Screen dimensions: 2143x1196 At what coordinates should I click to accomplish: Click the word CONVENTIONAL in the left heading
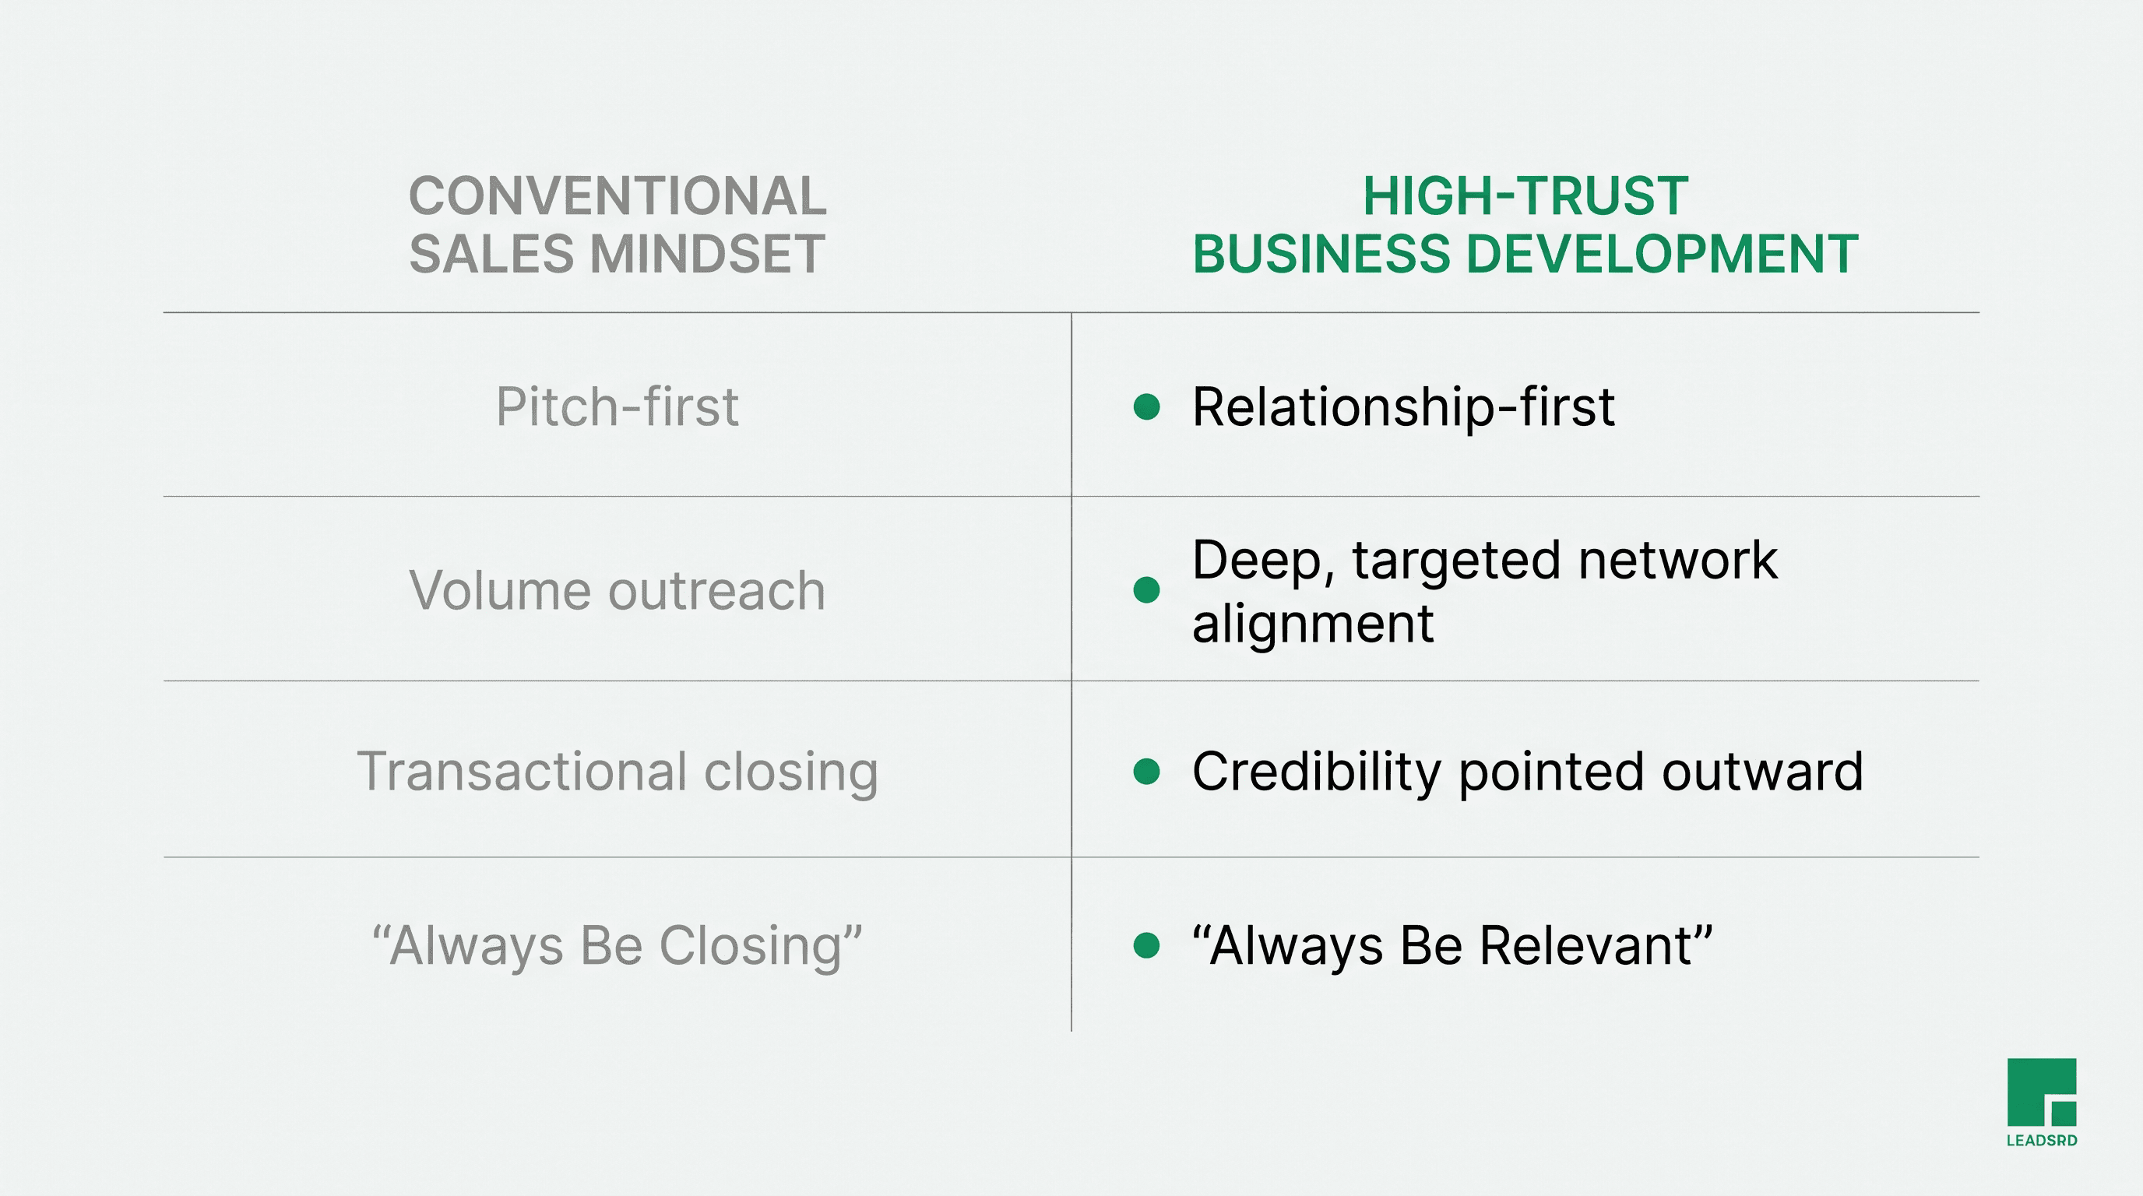pos(618,196)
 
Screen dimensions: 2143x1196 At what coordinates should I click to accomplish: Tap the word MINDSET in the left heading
pos(707,254)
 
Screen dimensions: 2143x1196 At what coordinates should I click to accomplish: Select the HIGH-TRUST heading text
pos(1525,196)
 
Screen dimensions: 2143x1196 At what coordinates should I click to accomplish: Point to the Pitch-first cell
pos(618,406)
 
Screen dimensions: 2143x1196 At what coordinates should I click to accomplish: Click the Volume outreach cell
pos(618,590)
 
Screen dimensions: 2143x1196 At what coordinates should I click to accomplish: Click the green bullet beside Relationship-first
pos(1146,406)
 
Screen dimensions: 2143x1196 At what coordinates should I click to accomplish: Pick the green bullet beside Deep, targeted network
pos(1146,589)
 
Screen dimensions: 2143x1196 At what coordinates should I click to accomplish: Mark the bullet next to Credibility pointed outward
pos(1146,771)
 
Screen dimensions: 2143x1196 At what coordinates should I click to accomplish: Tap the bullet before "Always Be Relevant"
pos(1146,944)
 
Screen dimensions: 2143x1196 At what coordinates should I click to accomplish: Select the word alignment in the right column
pos(1313,624)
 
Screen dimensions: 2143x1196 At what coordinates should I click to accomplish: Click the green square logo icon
pos(2042,1092)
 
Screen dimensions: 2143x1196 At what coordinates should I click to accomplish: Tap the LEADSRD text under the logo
pos(2042,1140)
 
